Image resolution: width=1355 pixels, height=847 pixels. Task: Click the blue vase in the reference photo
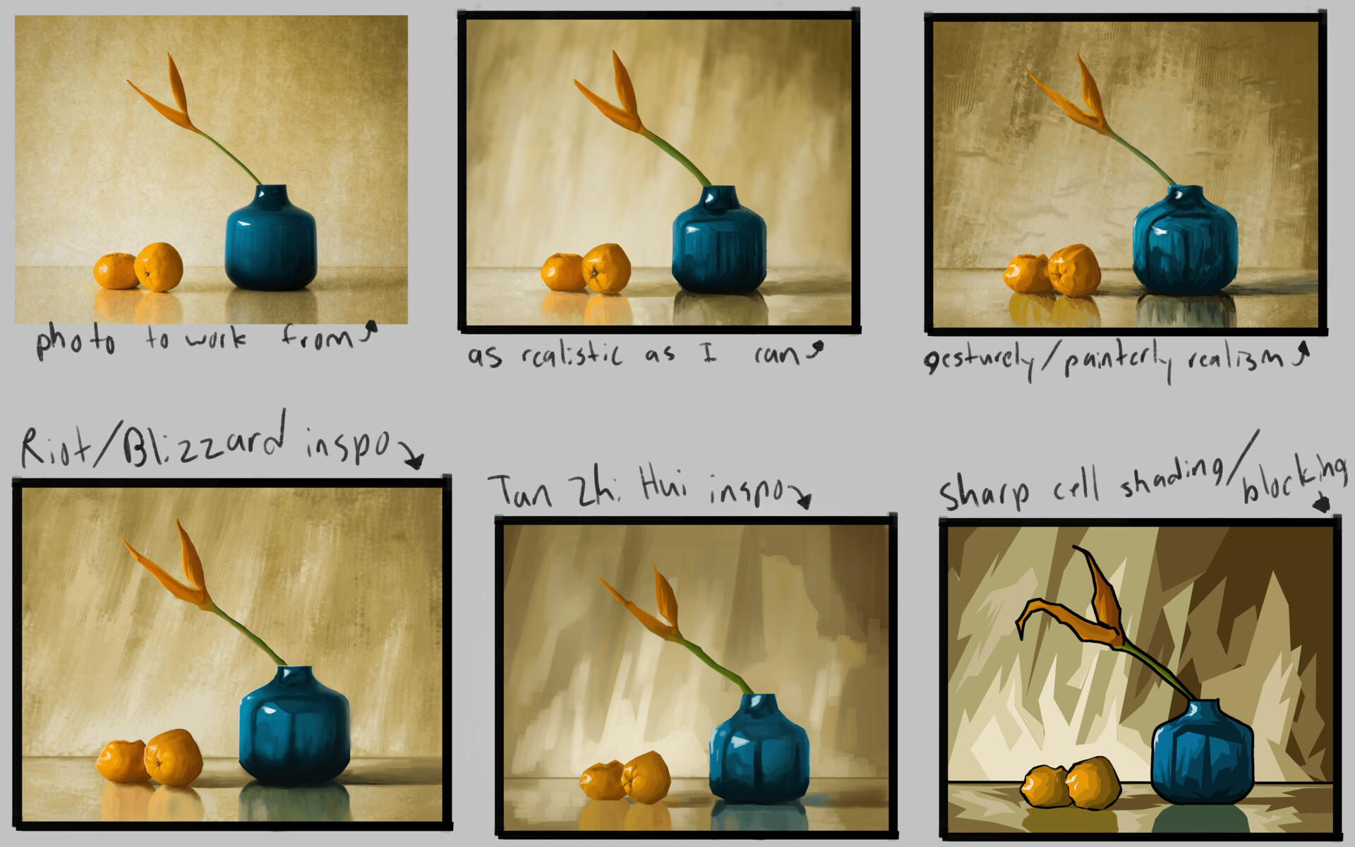click(270, 240)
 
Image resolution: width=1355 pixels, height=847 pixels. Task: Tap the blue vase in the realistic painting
click(718, 244)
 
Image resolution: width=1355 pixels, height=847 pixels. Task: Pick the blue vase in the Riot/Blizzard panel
click(294, 727)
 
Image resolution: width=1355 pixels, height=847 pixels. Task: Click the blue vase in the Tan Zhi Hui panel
click(759, 752)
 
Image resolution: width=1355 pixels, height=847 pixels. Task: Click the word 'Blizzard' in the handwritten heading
click(205, 441)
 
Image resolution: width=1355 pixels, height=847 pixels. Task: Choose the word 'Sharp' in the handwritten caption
click(984, 491)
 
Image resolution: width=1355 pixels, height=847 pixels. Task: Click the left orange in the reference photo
click(116, 272)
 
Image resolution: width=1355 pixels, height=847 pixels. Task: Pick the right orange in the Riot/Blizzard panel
click(173, 757)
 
